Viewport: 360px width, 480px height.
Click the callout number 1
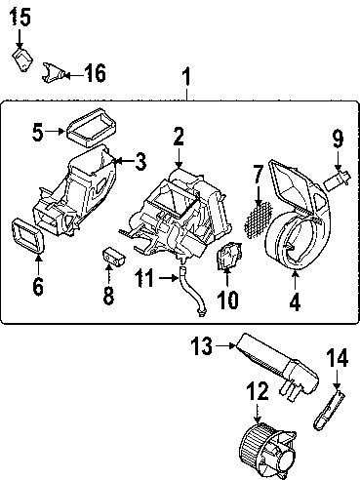click(x=187, y=77)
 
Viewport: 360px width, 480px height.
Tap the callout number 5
click(x=36, y=130)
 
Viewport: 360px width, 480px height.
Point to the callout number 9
click(x=337, y=139)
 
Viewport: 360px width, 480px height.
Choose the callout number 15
click(x=20, y=17)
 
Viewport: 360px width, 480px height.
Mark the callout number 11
click(x=143, y=279)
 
